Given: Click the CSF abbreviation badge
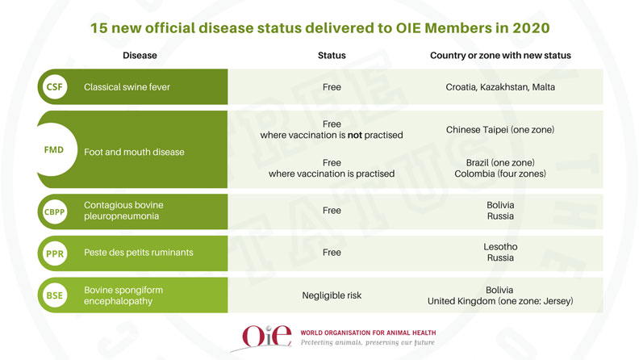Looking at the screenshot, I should click(x=54, y=87).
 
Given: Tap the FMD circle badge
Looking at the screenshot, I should click(x=54, y=151).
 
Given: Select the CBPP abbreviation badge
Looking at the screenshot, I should click(x=54, y=211).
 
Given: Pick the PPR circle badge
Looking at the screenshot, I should click(x=54, y=253).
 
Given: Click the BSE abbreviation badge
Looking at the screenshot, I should click(x=54, y=295).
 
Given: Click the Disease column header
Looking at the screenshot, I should click(x=140, y=56).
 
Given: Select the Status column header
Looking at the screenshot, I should click(x=332, y=56).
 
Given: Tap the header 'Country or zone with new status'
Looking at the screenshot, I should click(x=500, y=56).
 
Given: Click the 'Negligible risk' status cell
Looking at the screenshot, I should click(x=332, y=295).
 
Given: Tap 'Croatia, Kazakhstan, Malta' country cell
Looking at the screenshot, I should click(x=500, y=87).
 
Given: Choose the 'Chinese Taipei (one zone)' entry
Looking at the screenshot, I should click(x=500, y=129).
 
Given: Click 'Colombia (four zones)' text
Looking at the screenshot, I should click(x=500, y=174).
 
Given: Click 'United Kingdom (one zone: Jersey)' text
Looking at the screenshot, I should click(x=500, y=302).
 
